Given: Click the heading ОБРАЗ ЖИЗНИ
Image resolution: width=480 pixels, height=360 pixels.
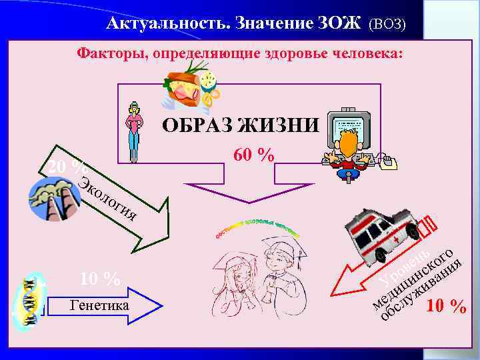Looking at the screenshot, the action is [241, 125].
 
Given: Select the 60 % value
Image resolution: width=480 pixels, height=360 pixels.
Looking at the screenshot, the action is [253, 155].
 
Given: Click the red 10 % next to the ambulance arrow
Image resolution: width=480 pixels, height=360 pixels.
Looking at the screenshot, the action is [447, 306].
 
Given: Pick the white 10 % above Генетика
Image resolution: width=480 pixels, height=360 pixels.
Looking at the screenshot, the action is [100, 279].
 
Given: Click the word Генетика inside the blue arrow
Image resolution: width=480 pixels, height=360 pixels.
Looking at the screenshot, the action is [100, 305].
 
